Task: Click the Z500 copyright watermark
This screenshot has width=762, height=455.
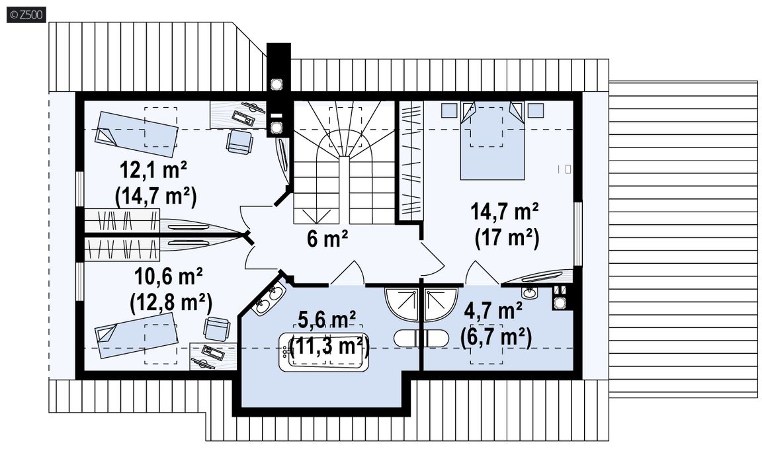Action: (x=26, y=15)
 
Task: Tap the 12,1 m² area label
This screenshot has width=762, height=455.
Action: (x=153, y=171)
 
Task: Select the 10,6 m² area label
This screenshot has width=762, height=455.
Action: (x=168, y=276)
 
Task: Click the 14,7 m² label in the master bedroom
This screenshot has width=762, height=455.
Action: (x=505, y=213)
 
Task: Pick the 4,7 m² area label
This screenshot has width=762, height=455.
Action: (x=493, y=311)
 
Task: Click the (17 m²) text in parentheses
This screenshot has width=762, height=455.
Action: (x=507, y=239)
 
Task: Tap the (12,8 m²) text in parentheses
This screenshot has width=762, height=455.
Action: (x=171, y=304)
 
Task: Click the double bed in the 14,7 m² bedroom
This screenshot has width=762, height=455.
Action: (x=493, y=140)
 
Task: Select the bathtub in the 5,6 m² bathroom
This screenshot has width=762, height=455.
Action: (x=323, y=351)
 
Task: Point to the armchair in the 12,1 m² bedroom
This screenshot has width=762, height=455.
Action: (x=239, y=142)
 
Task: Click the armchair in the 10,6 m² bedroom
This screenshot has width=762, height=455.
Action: (x=216, y=329)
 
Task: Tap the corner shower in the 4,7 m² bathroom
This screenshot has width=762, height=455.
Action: (x=441, y=304)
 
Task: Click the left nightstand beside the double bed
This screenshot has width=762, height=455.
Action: (x=448, y=110)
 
